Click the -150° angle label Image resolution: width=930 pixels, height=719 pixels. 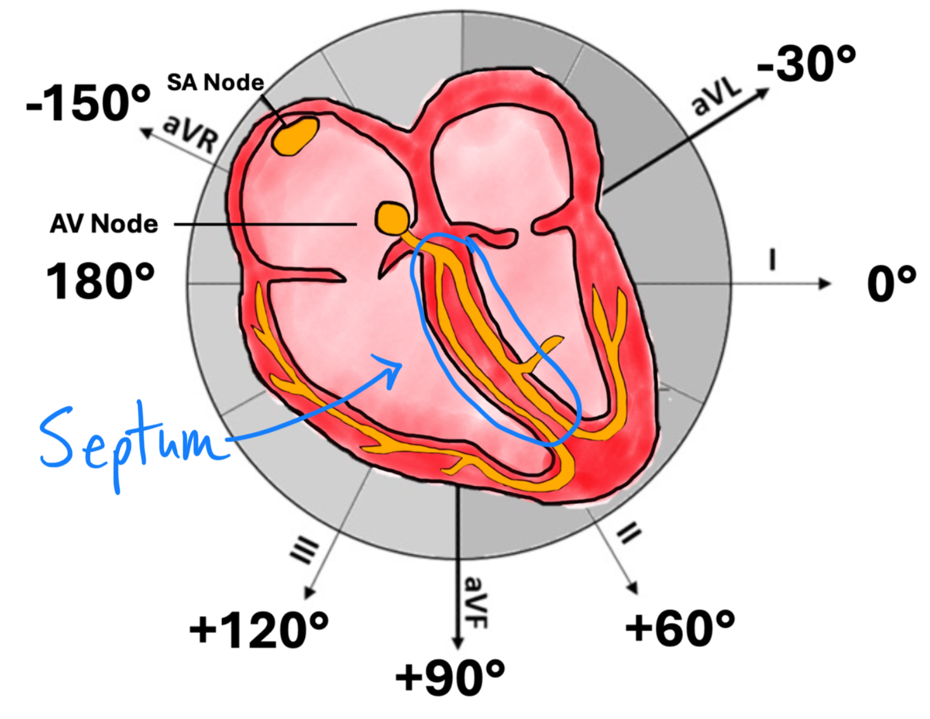point(88,103)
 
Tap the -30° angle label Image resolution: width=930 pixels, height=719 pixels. point(806,63)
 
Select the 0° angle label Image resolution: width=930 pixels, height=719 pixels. point(891,283)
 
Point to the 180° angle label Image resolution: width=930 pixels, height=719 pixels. point(100,281)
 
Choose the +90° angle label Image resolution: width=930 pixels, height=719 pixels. point(450,677)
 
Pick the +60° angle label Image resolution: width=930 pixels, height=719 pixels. point(680,628)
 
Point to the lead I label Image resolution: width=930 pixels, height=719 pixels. point(772,260)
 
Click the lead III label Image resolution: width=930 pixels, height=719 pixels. point(305,549)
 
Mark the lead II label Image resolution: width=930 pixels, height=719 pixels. point(628,533)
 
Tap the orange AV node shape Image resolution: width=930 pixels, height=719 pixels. point(391,218)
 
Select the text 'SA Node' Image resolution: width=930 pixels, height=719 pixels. point(216,82)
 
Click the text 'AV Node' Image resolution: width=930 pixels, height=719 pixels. point(104,224)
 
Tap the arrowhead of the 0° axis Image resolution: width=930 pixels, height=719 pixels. point(825,283)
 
